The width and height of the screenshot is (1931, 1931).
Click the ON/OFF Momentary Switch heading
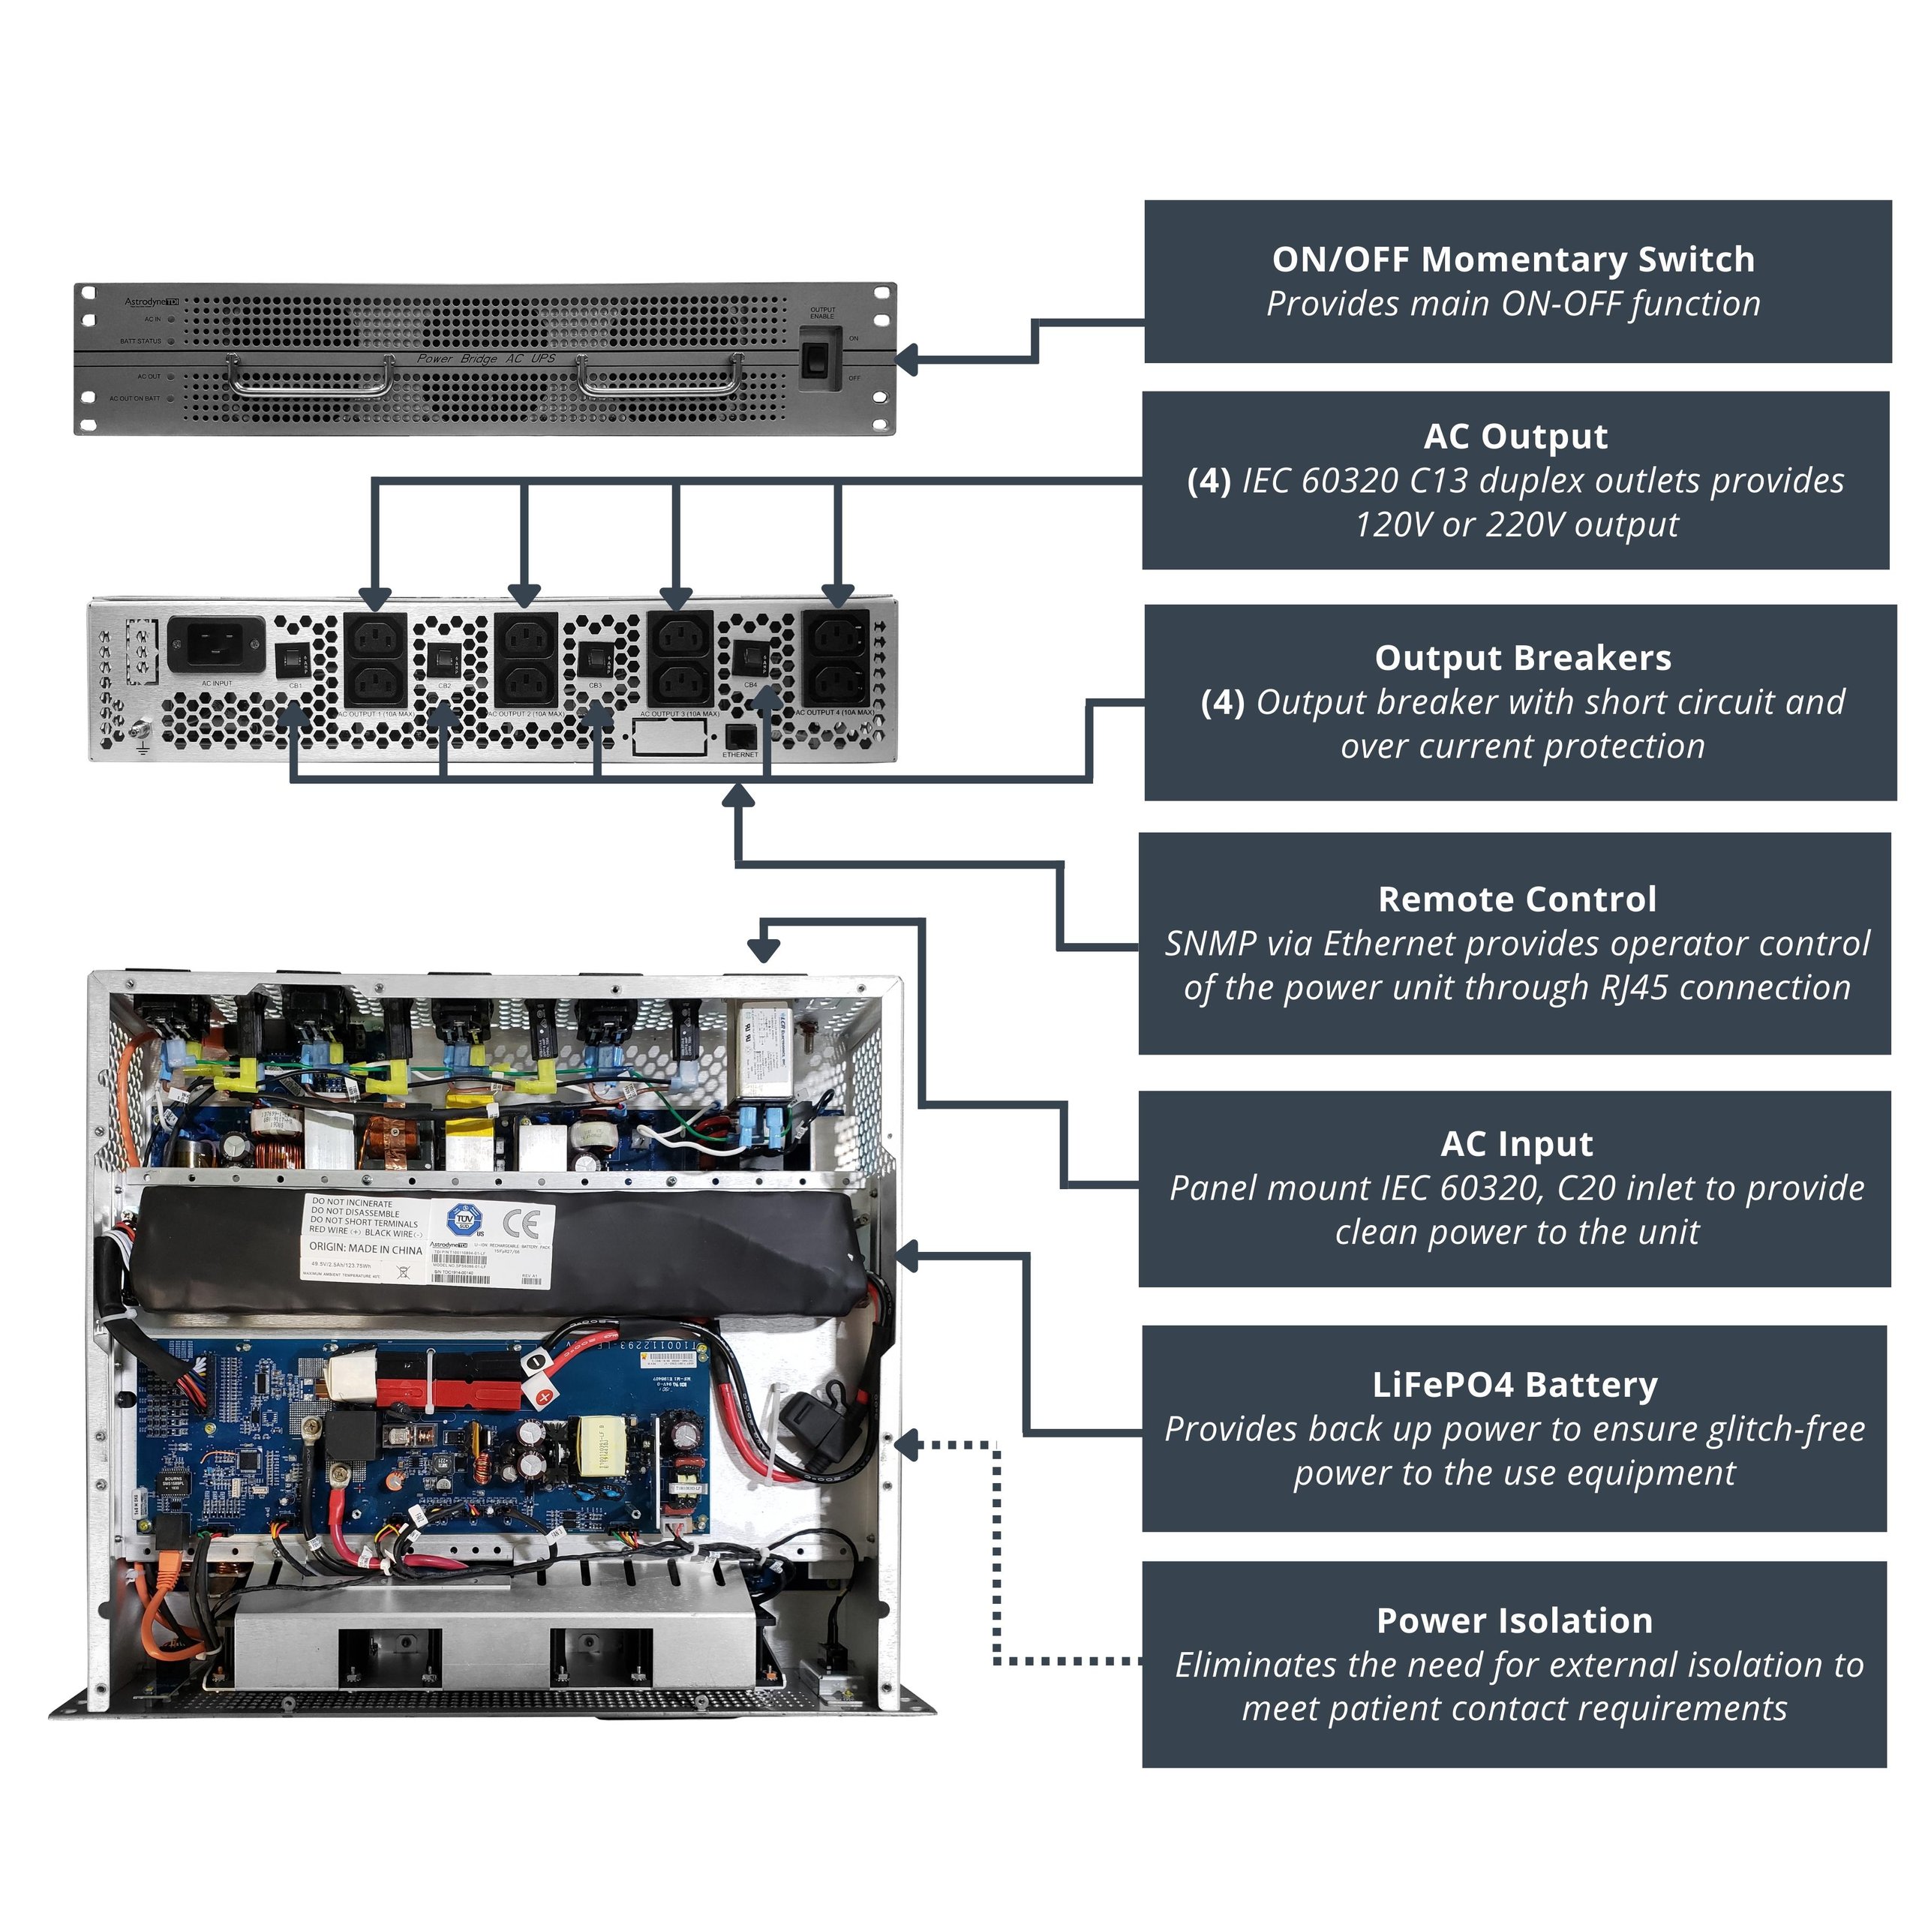[x=1512, y=259]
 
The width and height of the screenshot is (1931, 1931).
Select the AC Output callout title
[x=1515, y=436]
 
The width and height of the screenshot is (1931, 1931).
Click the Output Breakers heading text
[x=1522, y=658]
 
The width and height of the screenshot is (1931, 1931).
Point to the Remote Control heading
[x=1516, y=899]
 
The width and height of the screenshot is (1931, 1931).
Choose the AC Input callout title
[x=1516, y=1143]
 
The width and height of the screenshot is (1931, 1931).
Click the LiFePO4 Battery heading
[x=1514, y=1384]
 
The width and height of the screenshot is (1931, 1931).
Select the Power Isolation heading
[x=1514, y=1620]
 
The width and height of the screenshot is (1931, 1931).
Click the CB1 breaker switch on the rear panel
[x=293, y=659]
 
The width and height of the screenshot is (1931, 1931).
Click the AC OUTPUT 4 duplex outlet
[x=836, y=658]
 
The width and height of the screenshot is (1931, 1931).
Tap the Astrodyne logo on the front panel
[x=151, y=301]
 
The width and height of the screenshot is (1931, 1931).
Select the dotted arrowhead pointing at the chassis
[x=905, y=1446]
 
